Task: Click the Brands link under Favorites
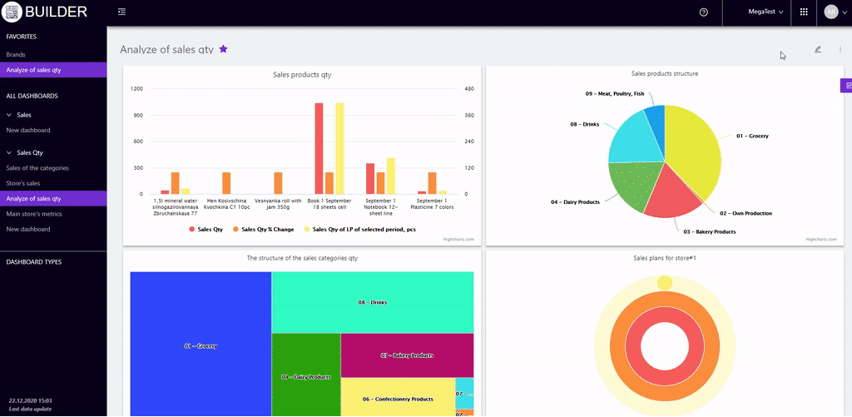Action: (16, 54)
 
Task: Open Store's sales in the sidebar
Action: (23, 183)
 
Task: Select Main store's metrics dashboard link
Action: (34, 214)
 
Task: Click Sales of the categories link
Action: (37, 168)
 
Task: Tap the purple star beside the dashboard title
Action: (223, 49)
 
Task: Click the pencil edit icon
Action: (818, 49)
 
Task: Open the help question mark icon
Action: (704, 12)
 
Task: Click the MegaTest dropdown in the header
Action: (765, 12)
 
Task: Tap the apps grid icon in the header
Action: (804, 12)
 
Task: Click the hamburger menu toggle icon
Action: (122, 12)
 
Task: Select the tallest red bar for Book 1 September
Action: (319, 148)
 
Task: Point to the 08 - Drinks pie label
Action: (584, 124)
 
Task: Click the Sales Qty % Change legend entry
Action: (263, 229)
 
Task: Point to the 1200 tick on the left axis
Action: (137, 88)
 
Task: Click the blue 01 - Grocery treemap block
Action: (201, 345)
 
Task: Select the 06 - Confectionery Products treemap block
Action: (397, 399)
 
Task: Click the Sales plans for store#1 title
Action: (665, 258)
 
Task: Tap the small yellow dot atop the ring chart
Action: (664, 284)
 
